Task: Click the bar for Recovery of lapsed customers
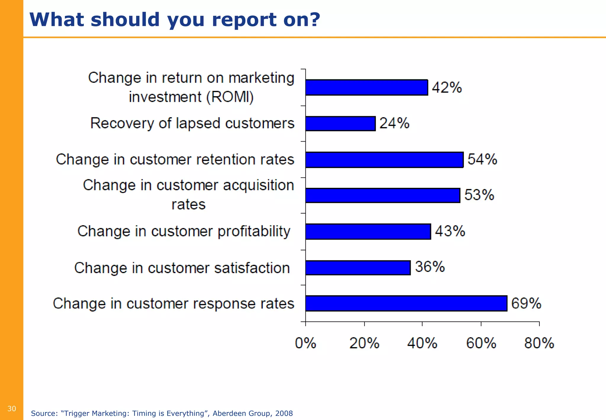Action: coord(340,124)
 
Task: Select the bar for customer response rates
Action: coord(406,303)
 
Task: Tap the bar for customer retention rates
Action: coord(384,160)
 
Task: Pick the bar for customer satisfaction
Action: coord(358,268)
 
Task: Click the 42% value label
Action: coord(447,88)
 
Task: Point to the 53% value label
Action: coord(479,195)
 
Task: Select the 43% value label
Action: coord(450,231)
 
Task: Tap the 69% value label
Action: coord(526,303)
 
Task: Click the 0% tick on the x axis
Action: coord(306,343)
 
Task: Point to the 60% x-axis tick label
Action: coord(481,343)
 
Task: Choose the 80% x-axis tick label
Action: coord(539,343)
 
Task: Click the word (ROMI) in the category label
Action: coord(230,97)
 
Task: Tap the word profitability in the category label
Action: coord(254,232)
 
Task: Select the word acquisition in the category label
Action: coord(258,185)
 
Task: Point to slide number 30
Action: coord(12,409)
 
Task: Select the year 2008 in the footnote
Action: coord(284,413)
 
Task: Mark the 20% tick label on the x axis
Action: coord(364,343)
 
